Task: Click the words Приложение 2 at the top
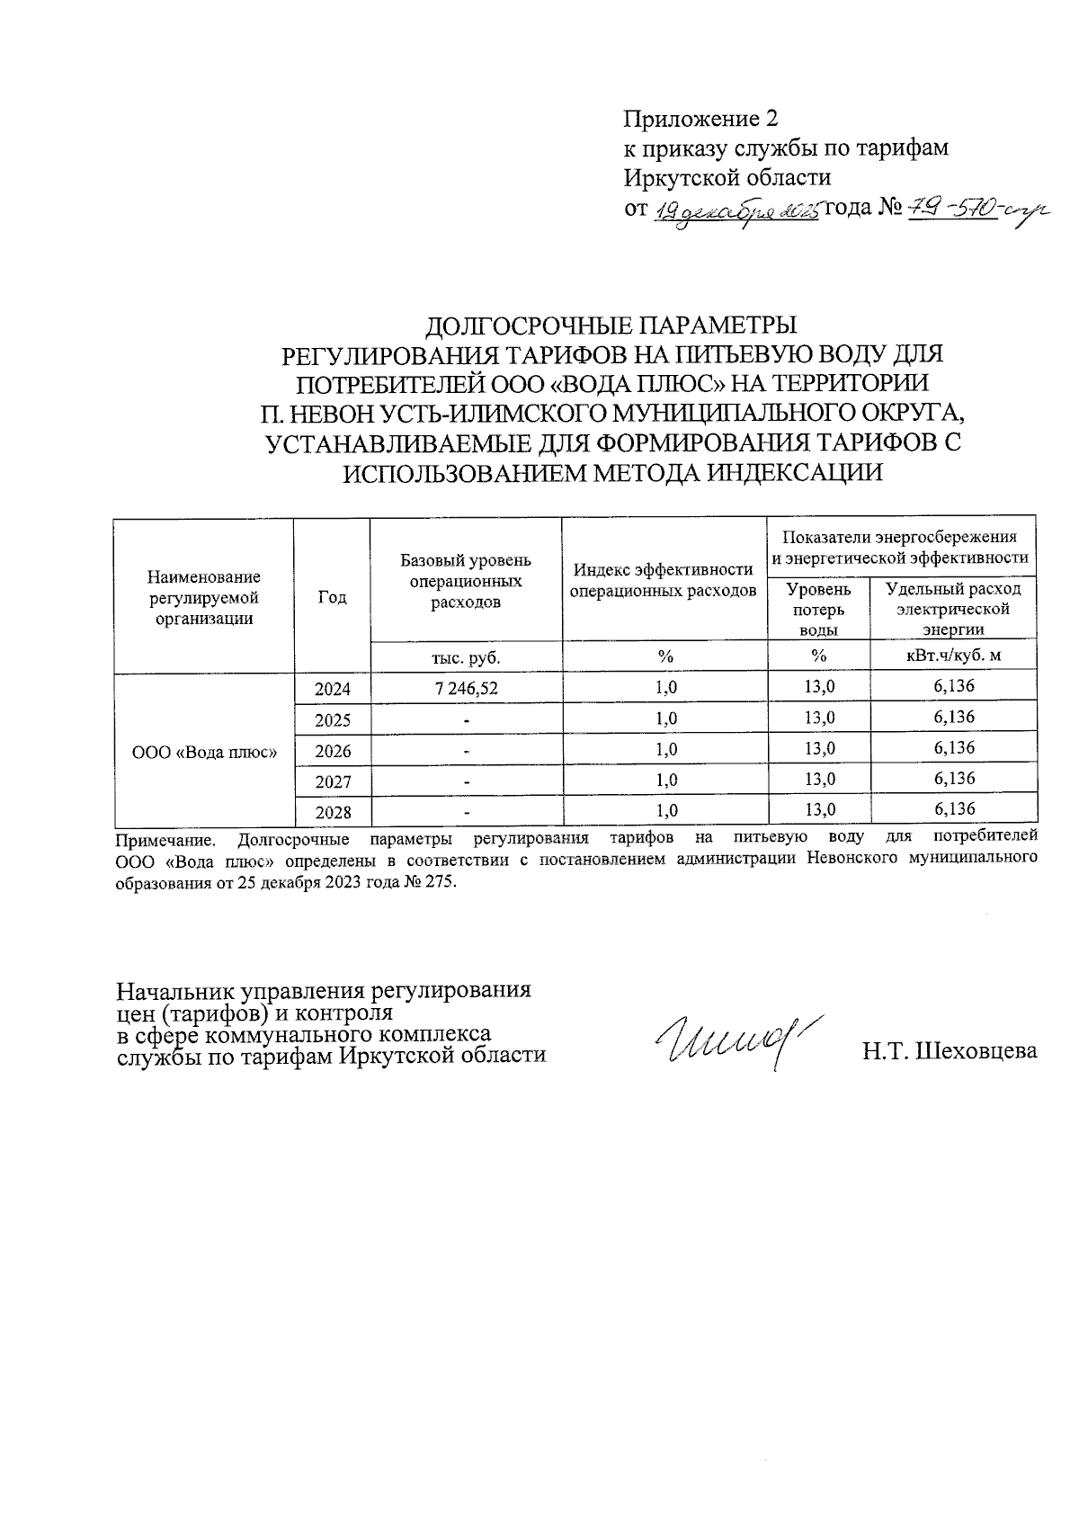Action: click(x=700, y=119)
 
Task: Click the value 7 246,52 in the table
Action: click(x=466, y=688)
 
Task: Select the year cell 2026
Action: click(x=332, y=751)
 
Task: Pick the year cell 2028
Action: click(x=332, y=812)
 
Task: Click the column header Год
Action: click(x=332, y=597)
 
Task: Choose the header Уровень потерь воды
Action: click(x=817, y=609)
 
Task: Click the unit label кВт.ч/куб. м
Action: click(x=953, y=656)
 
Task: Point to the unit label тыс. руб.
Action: click(x=466, y=657)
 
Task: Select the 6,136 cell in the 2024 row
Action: click(x=953, y=687)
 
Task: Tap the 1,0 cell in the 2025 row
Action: click(x=665, y=718)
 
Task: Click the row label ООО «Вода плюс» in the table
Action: click(x=204, y=751)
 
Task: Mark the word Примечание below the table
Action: click(x=166, y=841)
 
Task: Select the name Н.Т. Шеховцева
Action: click(x=949, y=1050)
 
